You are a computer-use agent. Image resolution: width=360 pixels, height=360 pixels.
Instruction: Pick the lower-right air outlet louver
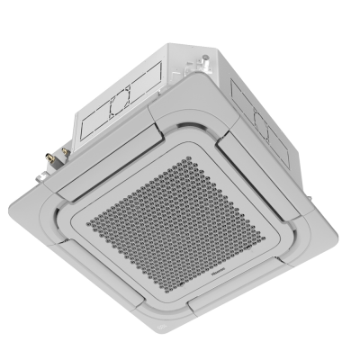pos(288,252)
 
